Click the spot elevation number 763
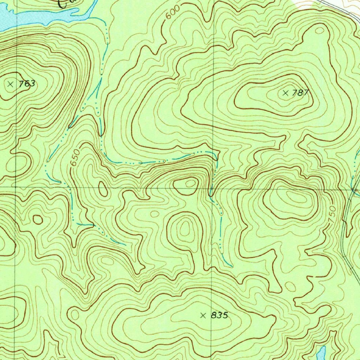[x=27, y=84]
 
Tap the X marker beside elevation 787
[x=285, y=93]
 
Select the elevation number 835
[x=220, y=315]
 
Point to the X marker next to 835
[x=203, y=315]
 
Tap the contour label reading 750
[x=332, y=213]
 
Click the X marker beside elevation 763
[x=10, y=84]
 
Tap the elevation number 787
[x=301, y=93]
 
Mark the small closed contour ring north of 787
[x=319, y=31]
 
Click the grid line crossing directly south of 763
[x=16, y=187]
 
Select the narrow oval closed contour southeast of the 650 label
[x=103, y=189]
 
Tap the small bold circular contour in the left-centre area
[x=38, y=220]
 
